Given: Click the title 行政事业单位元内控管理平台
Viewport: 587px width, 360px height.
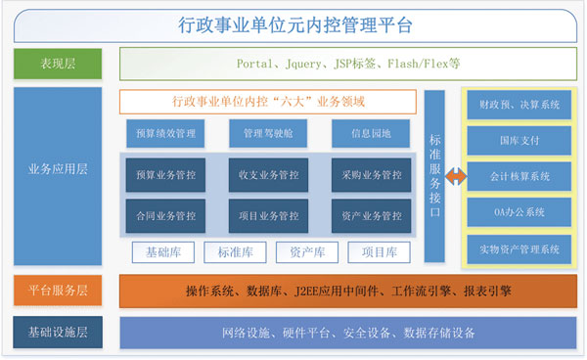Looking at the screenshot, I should click(x=293, y=23).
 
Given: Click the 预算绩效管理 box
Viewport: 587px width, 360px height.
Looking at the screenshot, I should click(x=165, y=133).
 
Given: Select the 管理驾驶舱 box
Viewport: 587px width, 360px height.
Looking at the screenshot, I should click(x=268, y=133).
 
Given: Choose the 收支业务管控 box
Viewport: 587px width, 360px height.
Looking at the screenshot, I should click(x=268, y=175).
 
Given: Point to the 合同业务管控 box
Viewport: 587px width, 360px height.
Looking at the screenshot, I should click(x=165, y=215).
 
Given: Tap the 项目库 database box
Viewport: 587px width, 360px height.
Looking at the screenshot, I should click(x=378, y=252).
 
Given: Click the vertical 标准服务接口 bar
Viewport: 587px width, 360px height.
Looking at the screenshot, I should click(x=435, y=176).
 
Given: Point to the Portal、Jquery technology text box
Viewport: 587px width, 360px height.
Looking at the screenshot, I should click(x=348, y=64).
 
